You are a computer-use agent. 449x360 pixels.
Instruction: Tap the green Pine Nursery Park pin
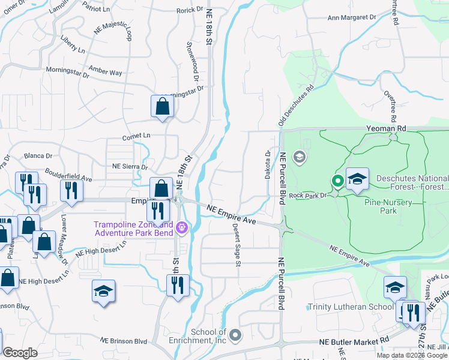(338, 180)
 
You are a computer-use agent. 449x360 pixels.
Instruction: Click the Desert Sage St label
(237, 245)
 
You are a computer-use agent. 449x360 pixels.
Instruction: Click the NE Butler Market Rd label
(354, 340)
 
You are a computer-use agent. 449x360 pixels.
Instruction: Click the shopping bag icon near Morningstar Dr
(162, 106)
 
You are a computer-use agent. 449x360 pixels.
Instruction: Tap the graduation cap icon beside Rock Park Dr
(357, 179)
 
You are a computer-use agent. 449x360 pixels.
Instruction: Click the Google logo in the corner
(20, 353)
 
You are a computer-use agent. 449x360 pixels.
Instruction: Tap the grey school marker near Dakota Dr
(299, 157)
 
